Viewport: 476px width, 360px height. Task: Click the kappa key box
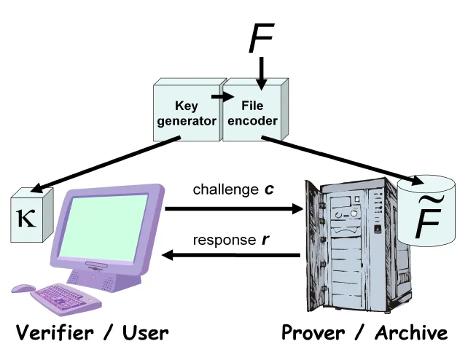[x=30, y=217]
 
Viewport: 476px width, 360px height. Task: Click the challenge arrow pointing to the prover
[x=233, y=209]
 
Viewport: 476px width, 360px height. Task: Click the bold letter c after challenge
[x=269, y=189]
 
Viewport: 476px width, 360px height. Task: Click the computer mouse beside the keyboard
[x=23, y=289]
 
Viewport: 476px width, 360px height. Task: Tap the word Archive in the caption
[x=411, y=333]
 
